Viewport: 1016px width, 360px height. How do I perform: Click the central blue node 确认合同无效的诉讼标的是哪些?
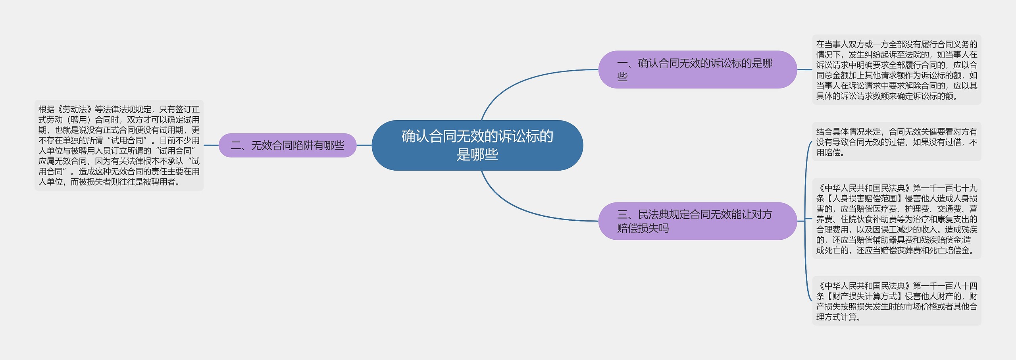click(477, 145)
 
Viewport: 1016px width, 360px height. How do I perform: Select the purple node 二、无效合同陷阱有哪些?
click(287, 146)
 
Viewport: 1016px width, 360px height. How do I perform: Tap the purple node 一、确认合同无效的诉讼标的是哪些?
click(697, 69)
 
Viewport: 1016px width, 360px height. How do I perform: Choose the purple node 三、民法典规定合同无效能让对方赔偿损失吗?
click(697, 221)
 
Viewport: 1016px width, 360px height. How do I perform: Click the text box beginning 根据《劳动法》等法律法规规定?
click(119, 145)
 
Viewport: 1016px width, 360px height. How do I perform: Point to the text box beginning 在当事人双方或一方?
click(897, 70)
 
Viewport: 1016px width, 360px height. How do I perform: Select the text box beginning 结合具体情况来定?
click(897, 142)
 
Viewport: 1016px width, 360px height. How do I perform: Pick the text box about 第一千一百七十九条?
click(897, 219)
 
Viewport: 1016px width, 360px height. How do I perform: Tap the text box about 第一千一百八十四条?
click(897, 301)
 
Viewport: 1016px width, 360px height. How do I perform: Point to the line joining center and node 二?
click(364, 145)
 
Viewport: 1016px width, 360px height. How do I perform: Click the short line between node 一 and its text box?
click(804, 69)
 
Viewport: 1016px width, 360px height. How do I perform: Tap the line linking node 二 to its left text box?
click(211, 145)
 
